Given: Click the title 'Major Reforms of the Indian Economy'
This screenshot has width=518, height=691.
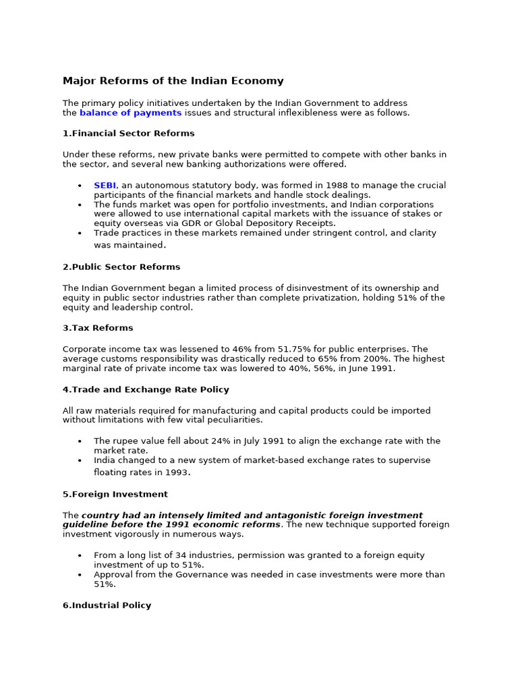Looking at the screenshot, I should click(173, 81).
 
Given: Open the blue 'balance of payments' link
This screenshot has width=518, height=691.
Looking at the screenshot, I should click(130, 113).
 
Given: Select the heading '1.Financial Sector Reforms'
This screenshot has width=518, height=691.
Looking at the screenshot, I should click(128, 133).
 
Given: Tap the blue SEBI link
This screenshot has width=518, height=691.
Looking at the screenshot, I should click(105, 185).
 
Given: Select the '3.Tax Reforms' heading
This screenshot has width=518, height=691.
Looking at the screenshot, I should click(98, 328).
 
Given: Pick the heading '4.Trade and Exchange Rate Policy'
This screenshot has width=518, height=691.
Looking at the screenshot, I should click(146, 389).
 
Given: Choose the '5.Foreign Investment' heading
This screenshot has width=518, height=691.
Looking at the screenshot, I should click(115, 494).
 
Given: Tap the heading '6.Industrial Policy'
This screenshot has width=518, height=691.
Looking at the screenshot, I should click(107, 605).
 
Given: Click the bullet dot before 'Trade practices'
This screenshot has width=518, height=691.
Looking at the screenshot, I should click(80, 233).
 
